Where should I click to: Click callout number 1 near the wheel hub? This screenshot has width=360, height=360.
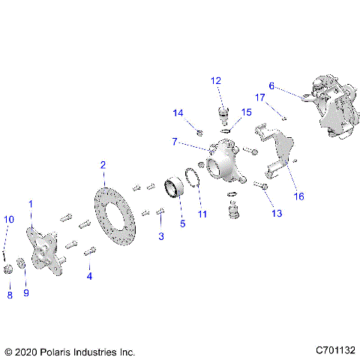(x=30, y=203)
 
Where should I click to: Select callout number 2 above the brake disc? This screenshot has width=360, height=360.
(x=103, y=165)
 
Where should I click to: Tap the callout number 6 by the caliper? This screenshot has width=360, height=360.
(x=271, y=86)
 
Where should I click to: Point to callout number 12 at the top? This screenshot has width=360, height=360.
(x=215, y=79)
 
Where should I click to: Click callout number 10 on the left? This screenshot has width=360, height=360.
(x=8, y=219)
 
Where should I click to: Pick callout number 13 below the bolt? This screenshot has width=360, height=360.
(x=277, y=214)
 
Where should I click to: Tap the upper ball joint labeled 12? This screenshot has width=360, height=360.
(x=222, y=116)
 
